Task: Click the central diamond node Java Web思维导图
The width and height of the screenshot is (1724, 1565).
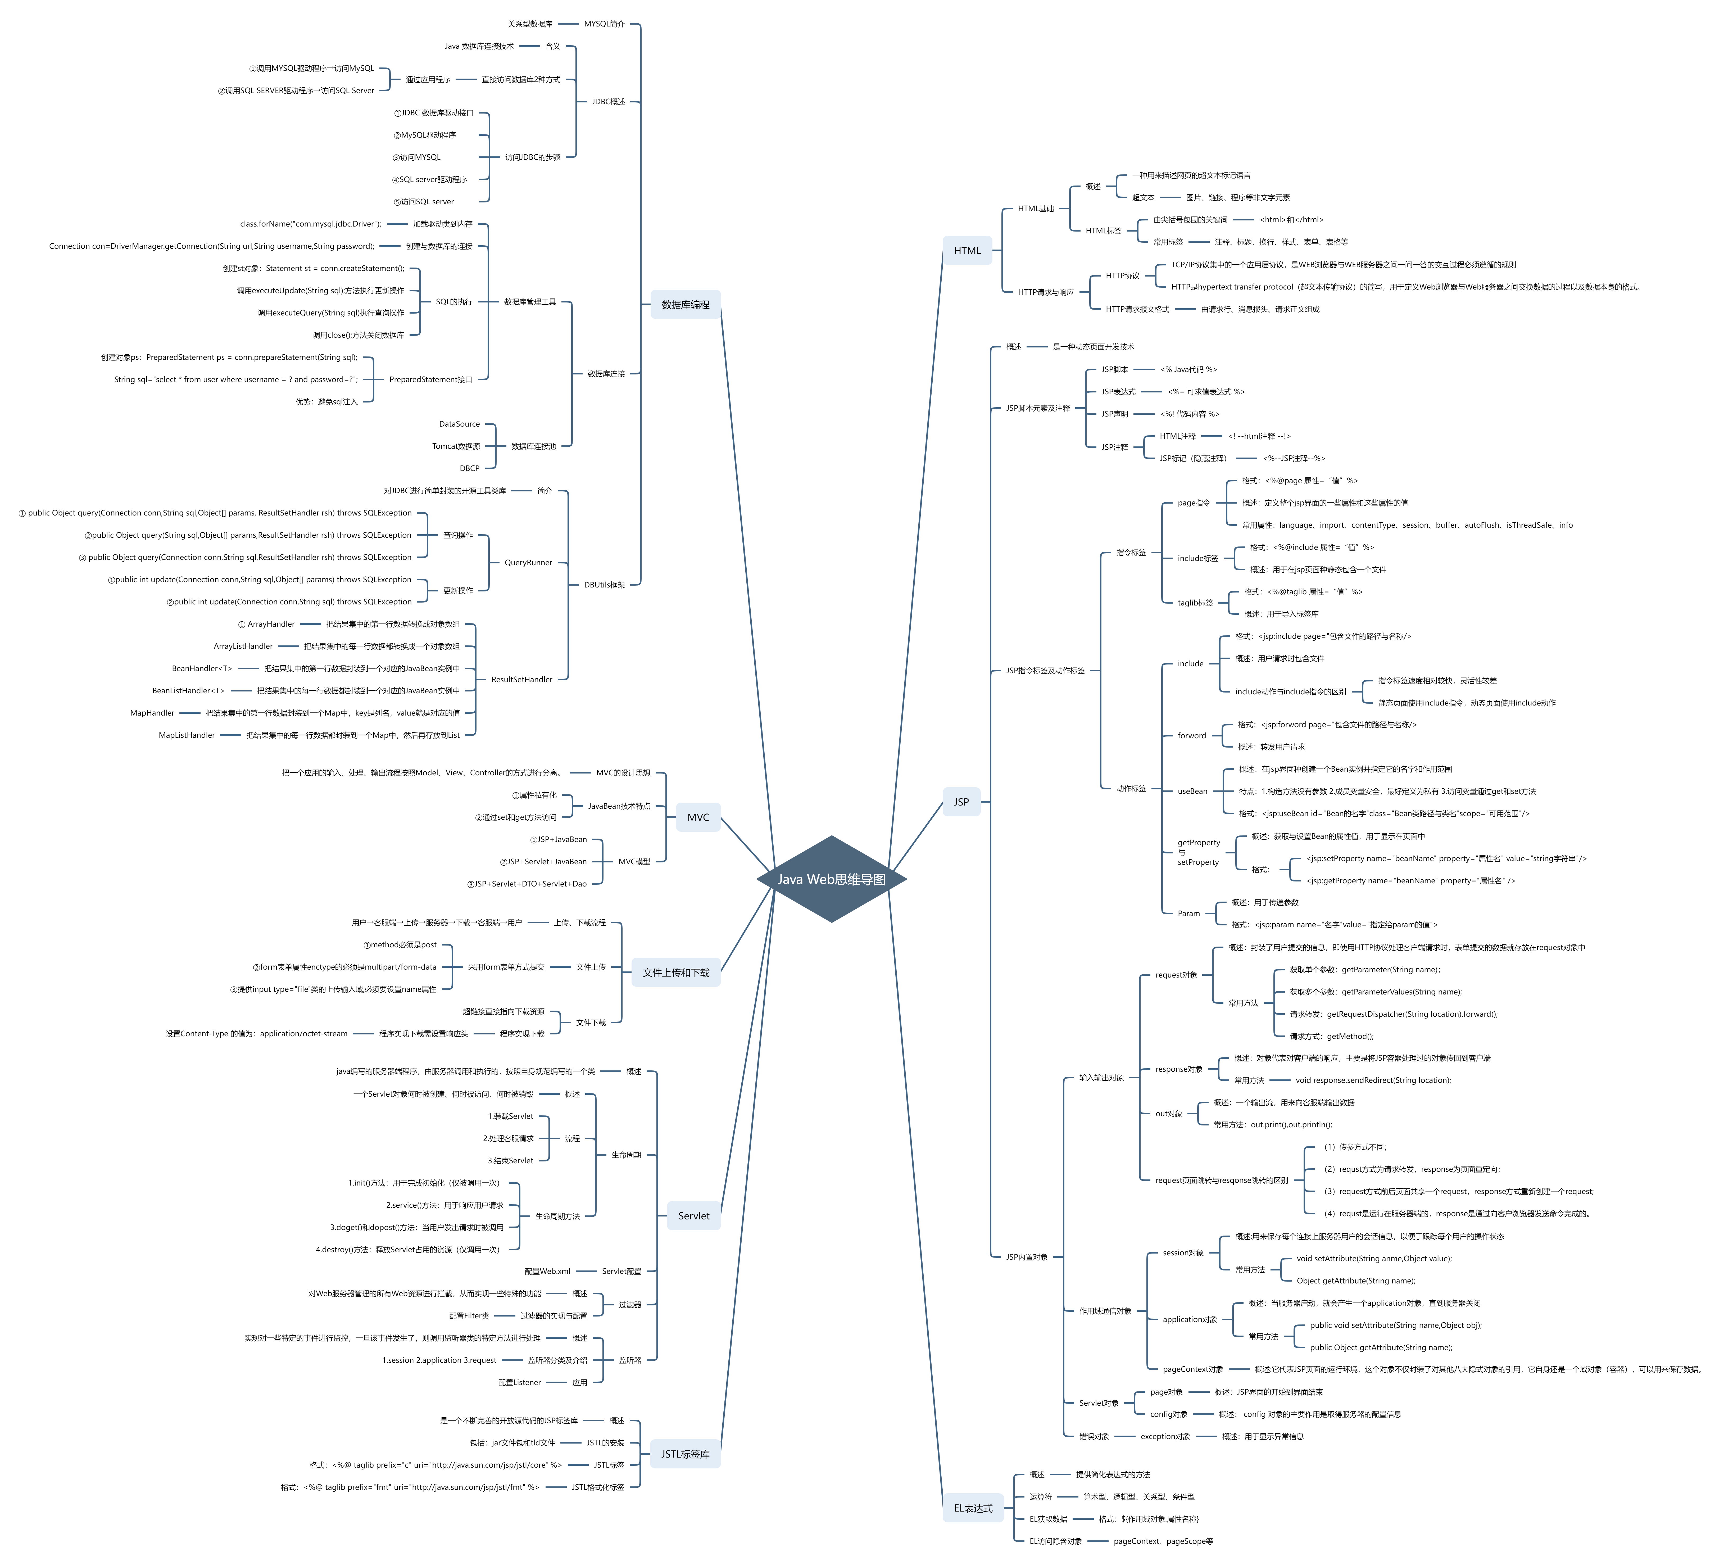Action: point(831,879)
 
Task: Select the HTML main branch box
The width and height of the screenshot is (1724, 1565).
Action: point(967,251)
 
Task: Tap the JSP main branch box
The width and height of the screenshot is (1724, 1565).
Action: point(961,801)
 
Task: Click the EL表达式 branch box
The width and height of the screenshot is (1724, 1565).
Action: point(973,1508)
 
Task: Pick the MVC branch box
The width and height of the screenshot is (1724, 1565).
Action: point(698,817)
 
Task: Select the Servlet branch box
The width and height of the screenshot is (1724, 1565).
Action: point(693,1215)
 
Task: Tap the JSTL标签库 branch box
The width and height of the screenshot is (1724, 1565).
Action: point(685,1454)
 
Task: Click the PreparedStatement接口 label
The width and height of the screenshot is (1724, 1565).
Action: point(430,380)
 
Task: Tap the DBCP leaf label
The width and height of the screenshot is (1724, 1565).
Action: point(469,469)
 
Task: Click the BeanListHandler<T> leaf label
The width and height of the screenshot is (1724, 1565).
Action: point(188,691)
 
